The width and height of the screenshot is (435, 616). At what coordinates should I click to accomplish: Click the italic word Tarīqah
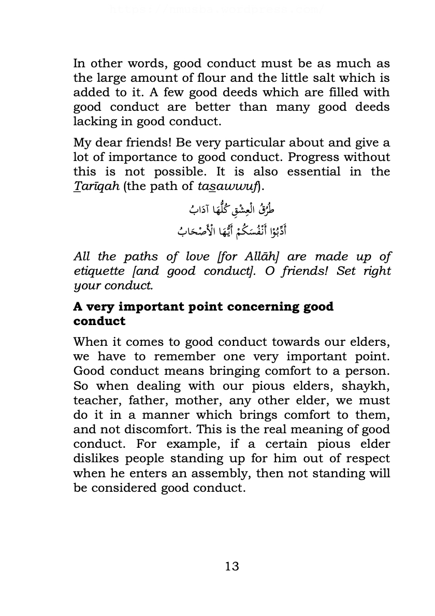pos(96,186)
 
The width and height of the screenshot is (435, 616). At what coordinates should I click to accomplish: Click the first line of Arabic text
pos(231,210)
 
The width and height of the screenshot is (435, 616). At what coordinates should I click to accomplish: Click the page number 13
pos(232,566)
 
